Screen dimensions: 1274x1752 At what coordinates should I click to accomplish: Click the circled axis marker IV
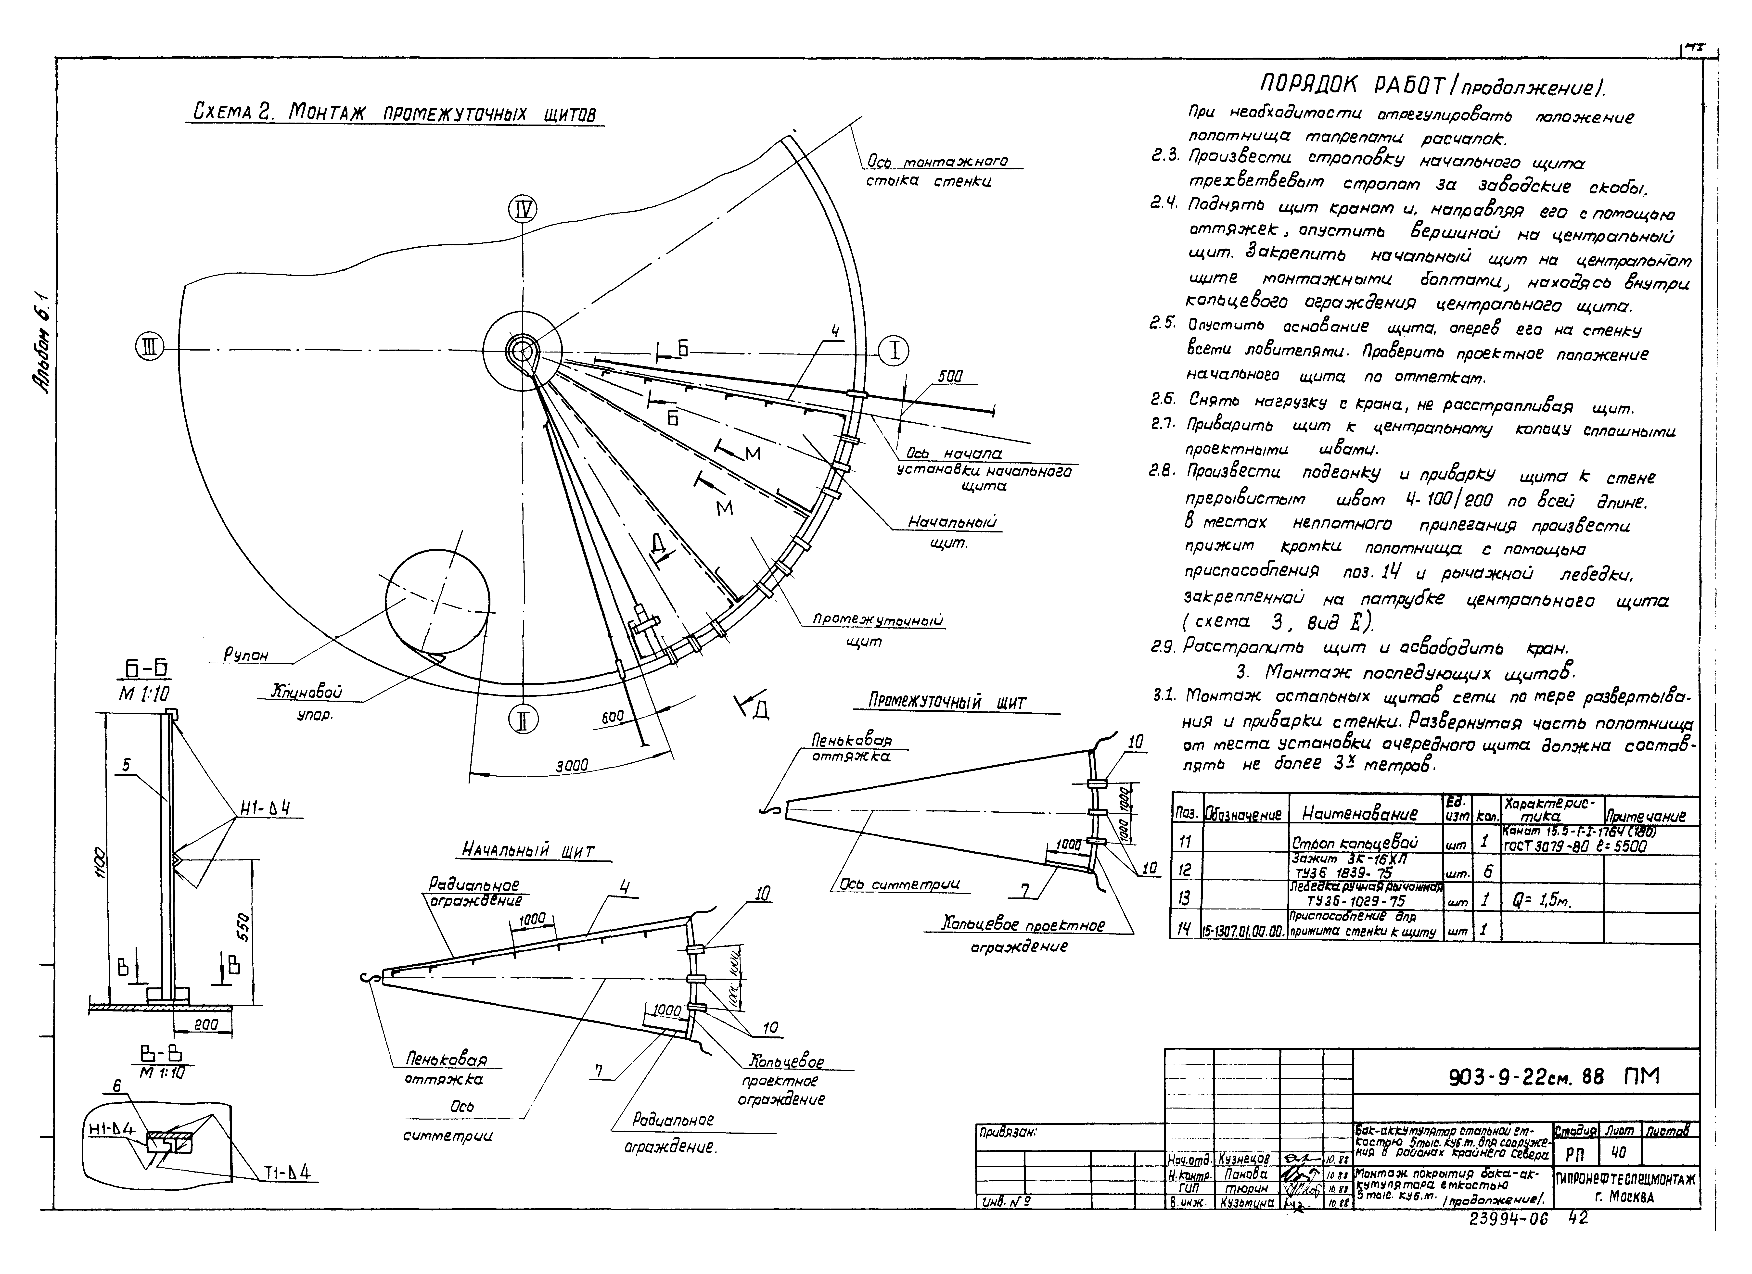pos(523,209)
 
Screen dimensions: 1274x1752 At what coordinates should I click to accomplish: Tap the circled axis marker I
pos(895,351)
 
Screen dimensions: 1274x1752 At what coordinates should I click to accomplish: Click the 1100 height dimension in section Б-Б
pos(101,858)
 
